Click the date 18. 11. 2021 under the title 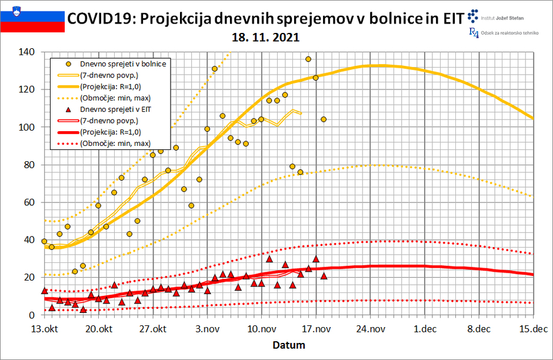(266, 38)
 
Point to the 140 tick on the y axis (26, 52)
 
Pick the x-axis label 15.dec (533, 329)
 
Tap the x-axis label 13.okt (44, 329)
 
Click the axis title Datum (288, 345)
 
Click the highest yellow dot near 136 (308, 59)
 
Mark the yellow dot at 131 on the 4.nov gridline (215, 69)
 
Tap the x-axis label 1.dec (425, 329)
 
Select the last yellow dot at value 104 (323, 119)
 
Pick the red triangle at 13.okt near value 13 (44, 291)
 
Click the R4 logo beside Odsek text (474, 32)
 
